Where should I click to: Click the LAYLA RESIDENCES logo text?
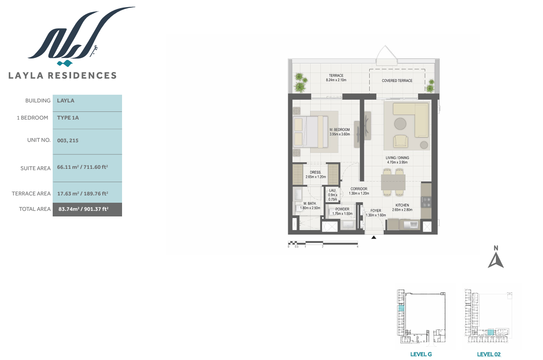point(63,75)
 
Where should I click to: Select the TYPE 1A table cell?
point(87,120)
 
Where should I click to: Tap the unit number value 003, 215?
point(68,141)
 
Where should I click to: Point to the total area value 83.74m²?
point(69,209)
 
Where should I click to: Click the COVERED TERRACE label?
point(397,81)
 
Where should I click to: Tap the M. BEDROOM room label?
point(339,129)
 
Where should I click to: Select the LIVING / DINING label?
point(397,158)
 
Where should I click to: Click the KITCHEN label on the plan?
point(402,205)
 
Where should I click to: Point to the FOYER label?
point(376,210)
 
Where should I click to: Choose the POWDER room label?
point(342,209)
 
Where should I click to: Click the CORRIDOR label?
point(359,189)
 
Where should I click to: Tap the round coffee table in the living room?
point(400,124)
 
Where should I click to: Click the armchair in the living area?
point(400,141)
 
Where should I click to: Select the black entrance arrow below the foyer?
point(373,237)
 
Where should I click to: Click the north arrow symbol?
point(496,260)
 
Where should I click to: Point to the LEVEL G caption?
point(421,354)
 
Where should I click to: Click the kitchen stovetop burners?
point(426,202)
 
